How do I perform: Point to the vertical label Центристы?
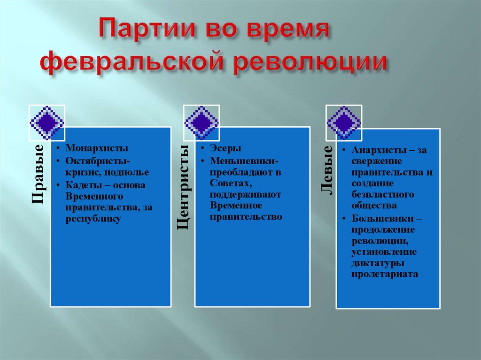pos(183,187)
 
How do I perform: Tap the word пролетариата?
pos(384,274)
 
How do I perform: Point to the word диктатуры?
pos(378,263)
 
